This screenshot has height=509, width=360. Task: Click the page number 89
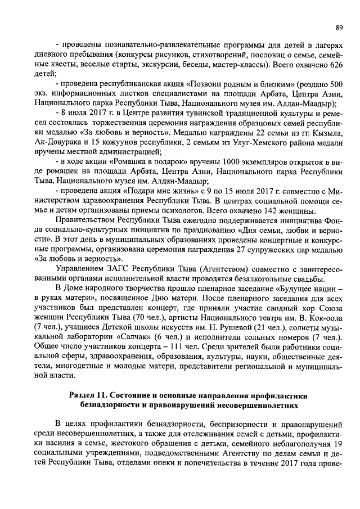pos(339,27)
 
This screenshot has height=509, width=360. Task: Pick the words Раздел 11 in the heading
pos(90,396)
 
